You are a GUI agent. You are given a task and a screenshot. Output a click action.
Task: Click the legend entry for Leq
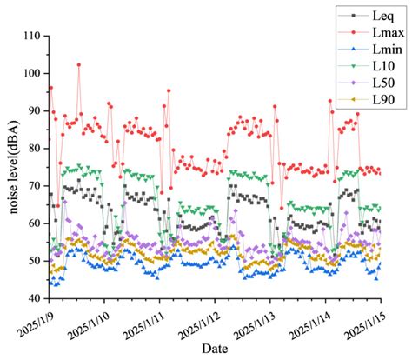click(x=381, y=15)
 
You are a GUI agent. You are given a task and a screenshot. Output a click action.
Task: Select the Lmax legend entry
click(x=383, y=36)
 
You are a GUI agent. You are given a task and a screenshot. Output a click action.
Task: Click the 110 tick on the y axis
click(x=34, y=36)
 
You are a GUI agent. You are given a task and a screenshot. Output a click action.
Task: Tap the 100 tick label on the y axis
click(x=34, y=73)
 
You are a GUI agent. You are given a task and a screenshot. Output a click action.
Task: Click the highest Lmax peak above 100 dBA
click(x=79, y=64)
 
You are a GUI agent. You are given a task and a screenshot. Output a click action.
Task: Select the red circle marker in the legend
click(x=352, y=36)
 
